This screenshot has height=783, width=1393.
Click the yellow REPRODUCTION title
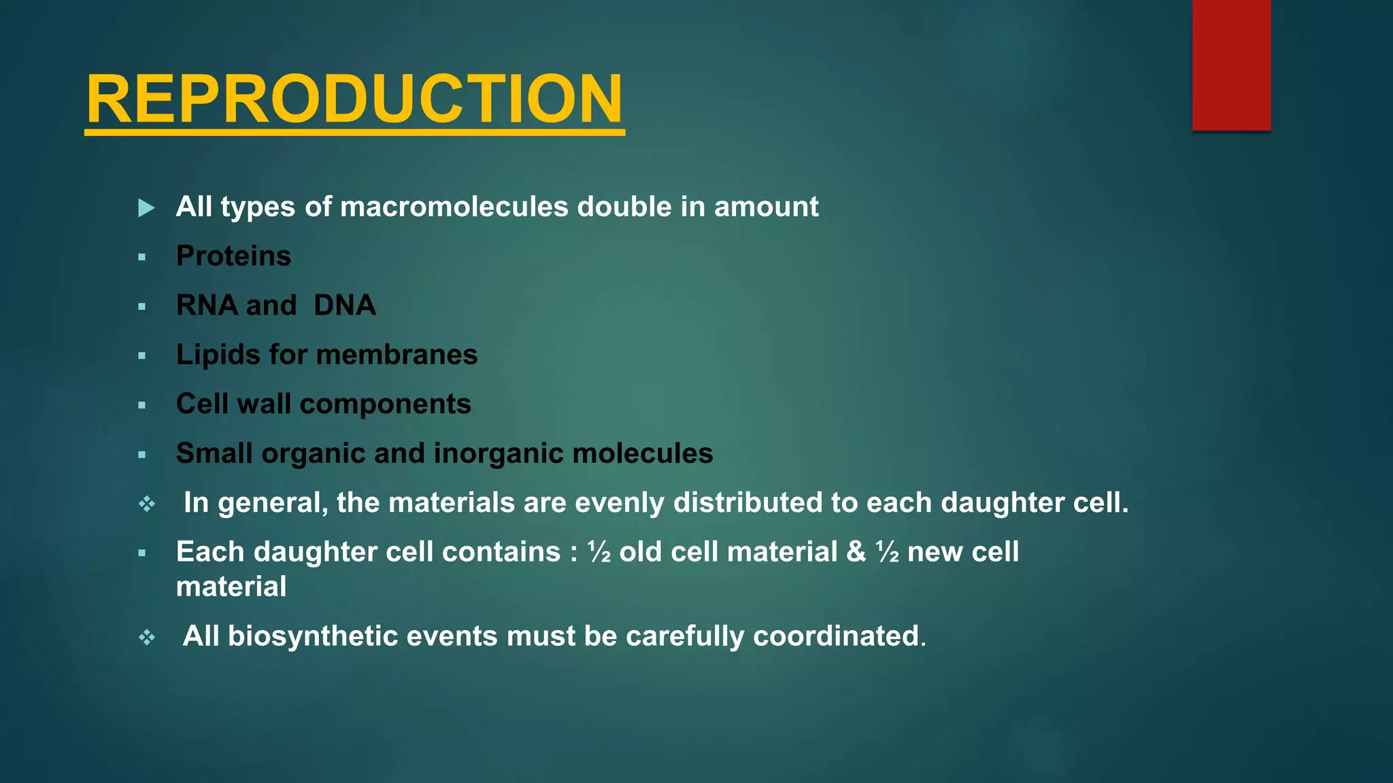354,99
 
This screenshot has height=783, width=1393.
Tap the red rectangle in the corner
1231,65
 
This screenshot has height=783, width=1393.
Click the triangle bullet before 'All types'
146,208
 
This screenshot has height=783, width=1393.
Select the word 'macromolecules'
454,207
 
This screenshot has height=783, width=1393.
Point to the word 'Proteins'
233,256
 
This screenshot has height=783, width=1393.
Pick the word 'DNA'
345,305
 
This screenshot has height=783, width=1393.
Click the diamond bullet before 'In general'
147,504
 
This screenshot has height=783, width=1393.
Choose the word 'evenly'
620,503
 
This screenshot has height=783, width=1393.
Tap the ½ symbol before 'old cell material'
599,552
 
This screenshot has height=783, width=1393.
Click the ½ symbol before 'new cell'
888,552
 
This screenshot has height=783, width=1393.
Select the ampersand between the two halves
856,552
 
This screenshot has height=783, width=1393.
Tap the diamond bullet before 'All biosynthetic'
147,638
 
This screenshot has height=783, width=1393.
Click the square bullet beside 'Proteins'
141,258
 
